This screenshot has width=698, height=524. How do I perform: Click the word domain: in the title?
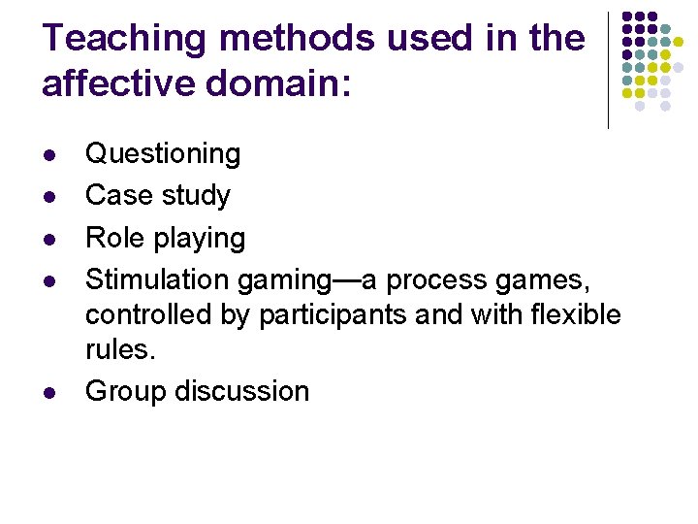pyautogui.click(x=290, y=83)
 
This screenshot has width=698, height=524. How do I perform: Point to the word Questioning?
pyautogui.click(x=163, y=153)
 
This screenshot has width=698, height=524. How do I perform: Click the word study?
pyautogui.click(x=196, y=196)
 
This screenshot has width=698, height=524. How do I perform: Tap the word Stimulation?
pyautogui.click(x=157, y=279)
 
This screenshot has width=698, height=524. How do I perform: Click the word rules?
pyautogui.click(x=119, y=349)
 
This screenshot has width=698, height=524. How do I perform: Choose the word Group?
pyautogui.click(x=124, y=391)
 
